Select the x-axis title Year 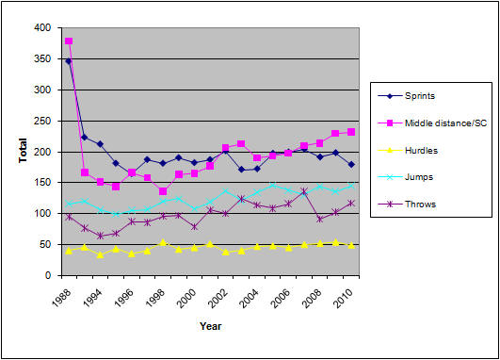pos(211,327)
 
